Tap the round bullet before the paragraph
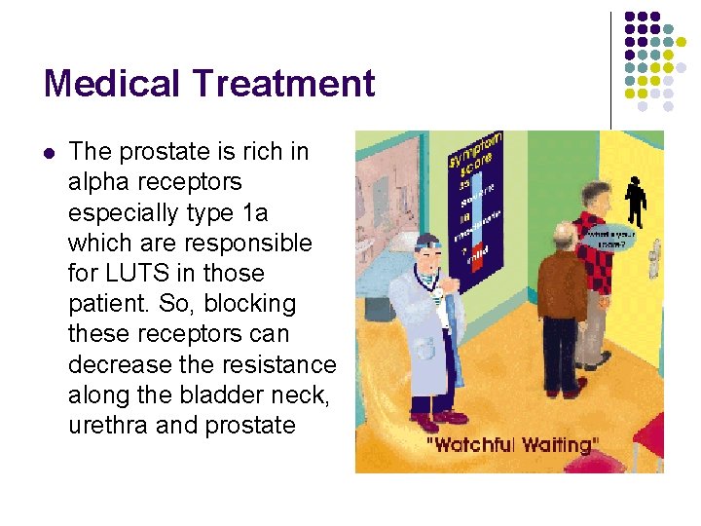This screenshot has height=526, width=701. pyautogui.click(x=49, y=152)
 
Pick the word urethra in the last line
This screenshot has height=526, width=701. pyautogui.click(x=107, y=425)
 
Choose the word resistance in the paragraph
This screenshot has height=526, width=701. pyautogui.click(x=275, y=364)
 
